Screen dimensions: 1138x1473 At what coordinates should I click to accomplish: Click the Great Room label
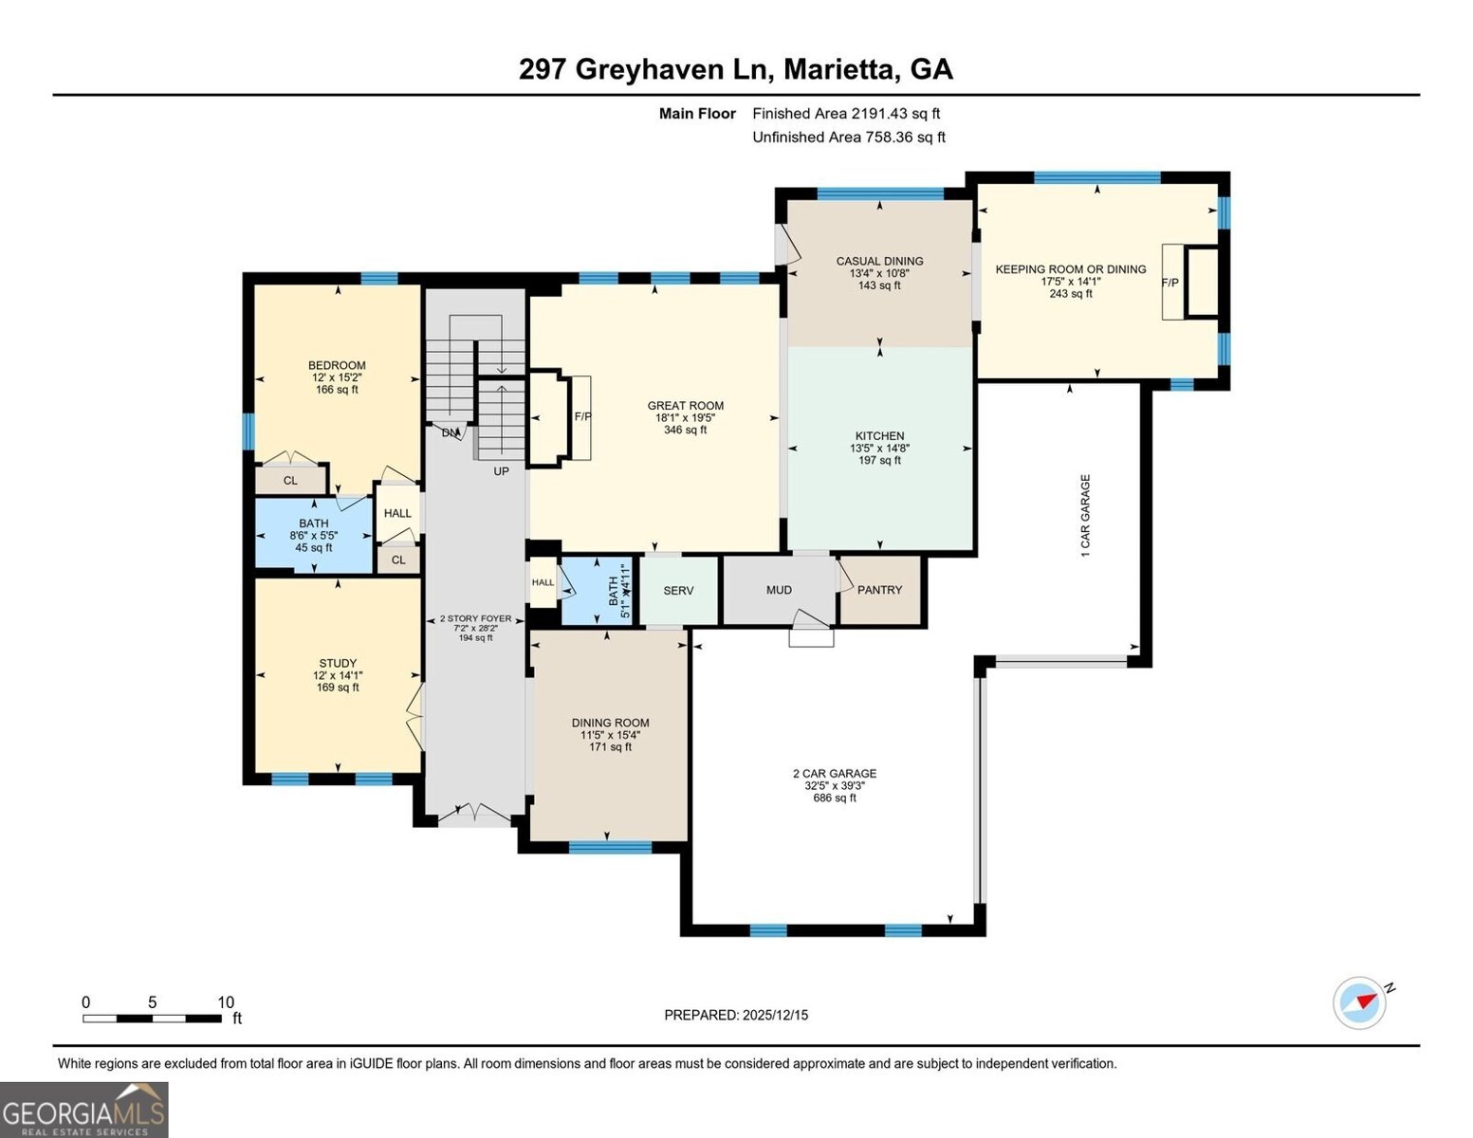click(x=685, y=406)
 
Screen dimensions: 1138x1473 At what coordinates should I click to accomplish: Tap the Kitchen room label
click(x=879, y=436)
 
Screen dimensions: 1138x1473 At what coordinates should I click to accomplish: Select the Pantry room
click(x=879, y=590)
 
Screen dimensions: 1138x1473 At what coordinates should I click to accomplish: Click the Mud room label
click(x=779, y=590)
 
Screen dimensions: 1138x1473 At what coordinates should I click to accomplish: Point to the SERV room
click(x=678, y=590)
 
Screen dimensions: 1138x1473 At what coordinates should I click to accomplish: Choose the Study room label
click(x=338, y=663)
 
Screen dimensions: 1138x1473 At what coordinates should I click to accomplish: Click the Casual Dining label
click(x=879, y=261)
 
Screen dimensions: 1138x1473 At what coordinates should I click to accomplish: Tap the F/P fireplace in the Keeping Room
click(x=1170, y=283)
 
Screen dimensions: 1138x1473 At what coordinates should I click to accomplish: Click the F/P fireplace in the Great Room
click(x=582, y=416)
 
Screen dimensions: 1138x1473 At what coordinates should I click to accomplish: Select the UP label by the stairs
click(x=501, y=471)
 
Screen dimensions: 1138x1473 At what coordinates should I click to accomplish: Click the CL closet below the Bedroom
click(x=290, y=481)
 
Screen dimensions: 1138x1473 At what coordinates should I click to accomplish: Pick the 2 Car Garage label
click(x=835, y=773)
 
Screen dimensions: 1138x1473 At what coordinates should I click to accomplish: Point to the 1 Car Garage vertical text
click(x=1086, y=515)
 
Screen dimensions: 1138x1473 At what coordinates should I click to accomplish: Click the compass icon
click(x=1360, y=1002)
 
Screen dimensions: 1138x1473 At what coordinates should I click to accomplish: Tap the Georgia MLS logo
click(x=83, y=1110)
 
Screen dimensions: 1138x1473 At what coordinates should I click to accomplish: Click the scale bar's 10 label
click(x=226, y=1002)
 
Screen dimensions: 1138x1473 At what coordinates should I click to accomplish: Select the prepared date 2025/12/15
click(x=736, y=1015)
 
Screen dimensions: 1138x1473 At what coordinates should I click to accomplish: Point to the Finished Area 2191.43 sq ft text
click(x=846, y=113)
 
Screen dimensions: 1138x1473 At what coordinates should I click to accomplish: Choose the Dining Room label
click(x=610, y=723)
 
